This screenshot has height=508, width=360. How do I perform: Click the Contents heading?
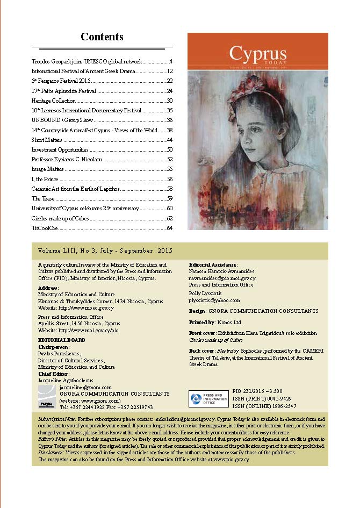click(102, 37)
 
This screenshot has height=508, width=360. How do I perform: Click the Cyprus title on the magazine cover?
click(258, 54)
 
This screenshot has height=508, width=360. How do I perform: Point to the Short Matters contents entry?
click(47, 140)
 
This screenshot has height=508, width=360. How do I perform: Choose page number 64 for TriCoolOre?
click(169, 228)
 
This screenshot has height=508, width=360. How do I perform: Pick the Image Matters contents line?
click(48, 169)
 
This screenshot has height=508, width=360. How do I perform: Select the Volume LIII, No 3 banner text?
click(105, 251)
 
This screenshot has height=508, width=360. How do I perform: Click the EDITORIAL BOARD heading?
click(60, 341)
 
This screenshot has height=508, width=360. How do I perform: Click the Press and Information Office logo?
click(208, 398)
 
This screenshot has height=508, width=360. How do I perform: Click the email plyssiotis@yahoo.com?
click(214, 301)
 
